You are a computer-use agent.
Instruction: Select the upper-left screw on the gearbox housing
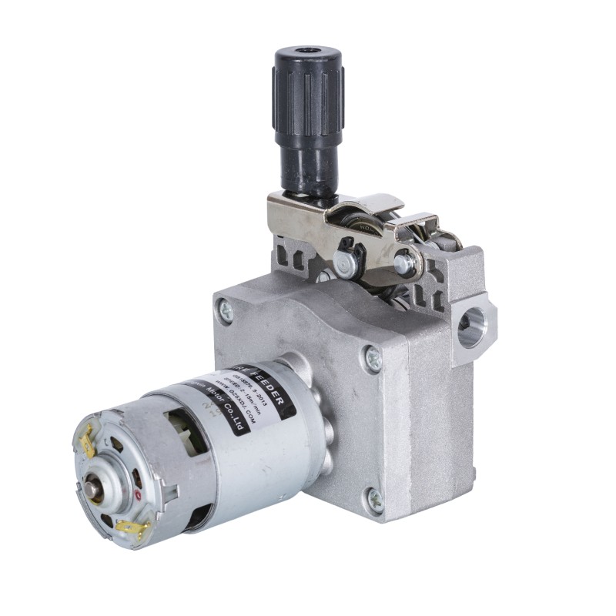(x=226, y=310)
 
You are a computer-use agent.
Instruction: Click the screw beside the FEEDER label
(x=372, y=358)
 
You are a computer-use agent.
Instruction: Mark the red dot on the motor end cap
(x=138, y=494)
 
